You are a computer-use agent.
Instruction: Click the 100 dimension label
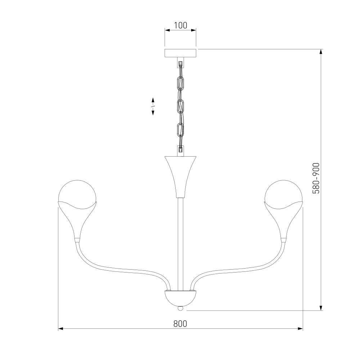click(180, 25)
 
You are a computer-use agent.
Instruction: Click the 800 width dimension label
click(180, 324)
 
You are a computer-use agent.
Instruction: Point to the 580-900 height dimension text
click(316, 178)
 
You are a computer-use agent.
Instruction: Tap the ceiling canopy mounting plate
click(180, 53)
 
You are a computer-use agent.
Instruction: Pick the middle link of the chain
click(180, 107)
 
